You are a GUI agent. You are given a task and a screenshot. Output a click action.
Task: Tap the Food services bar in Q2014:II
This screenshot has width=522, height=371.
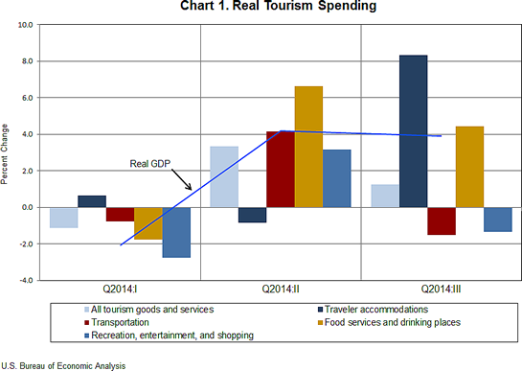pos(308,147)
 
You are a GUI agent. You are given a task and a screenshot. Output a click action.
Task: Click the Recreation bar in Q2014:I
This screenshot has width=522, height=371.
pos(176,232)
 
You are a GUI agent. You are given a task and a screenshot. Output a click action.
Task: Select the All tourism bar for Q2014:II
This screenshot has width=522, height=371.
pos(224,176)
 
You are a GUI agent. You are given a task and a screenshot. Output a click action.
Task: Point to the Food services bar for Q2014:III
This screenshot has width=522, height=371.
pos(469,167)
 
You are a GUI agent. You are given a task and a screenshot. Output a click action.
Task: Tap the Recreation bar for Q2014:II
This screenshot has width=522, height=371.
pos(336,178)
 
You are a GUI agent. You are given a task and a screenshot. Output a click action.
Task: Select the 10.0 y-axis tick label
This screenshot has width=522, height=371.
pos(22,25)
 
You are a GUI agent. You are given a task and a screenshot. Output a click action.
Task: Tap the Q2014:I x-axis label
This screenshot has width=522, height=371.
pos(120,289)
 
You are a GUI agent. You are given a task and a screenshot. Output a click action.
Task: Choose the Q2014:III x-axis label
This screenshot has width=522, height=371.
pos(442,289)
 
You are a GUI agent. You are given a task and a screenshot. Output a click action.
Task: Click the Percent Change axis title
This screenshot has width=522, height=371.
pos(8,152)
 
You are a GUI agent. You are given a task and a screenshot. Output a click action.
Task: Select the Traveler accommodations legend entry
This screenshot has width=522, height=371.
pos(365,309)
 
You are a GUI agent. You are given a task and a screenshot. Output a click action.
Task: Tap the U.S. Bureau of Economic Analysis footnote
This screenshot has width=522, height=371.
pos(62,365)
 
